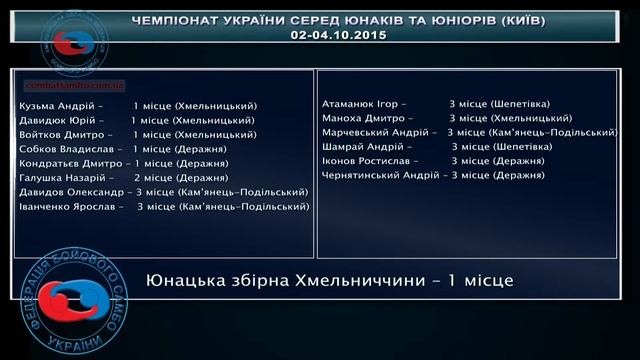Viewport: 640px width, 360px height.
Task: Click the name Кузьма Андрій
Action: [x=56, y=106]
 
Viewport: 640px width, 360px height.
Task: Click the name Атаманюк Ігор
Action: [x=361, y=103]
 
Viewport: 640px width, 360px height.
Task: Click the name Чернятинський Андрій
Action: [x=379, y=174]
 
